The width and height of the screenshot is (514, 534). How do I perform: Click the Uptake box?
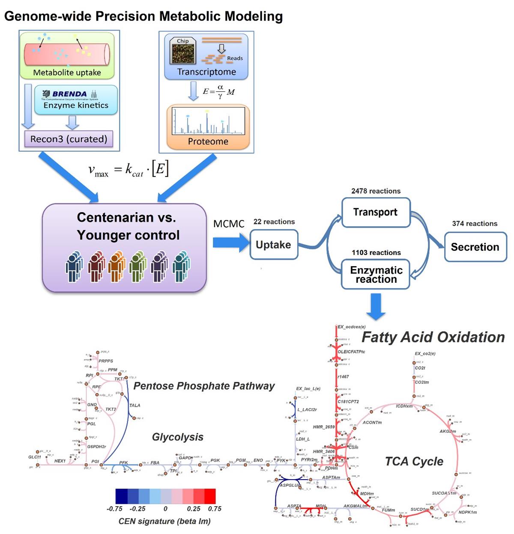(x=274, y=245)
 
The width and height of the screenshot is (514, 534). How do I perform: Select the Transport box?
(x=376, y=212)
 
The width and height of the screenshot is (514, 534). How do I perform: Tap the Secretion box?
(x=475, y=247)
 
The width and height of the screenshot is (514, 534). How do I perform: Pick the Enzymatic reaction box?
(x=376, y=274)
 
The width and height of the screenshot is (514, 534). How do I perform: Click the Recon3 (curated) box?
(x=69, y=139)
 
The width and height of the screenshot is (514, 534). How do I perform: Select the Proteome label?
(x=208, y=141)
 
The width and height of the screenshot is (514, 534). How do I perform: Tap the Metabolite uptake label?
(x=67, y=72)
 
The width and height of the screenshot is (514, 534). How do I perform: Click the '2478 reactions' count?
(x=376, y=191)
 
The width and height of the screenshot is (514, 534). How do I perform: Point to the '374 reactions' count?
(x=475, y=224)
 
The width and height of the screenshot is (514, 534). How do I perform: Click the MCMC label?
(x=229, y=224)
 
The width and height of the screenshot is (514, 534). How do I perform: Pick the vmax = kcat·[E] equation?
(x=128, y=170)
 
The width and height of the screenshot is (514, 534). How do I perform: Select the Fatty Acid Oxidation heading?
(x=433, y=337)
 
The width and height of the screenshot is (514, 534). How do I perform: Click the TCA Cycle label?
(x=414, y=462)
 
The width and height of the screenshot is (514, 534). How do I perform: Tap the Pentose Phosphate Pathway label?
(x=204, y=386)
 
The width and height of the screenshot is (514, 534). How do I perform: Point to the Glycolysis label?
(x=178, y=437)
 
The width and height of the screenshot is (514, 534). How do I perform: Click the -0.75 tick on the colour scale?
(x=114, y=509)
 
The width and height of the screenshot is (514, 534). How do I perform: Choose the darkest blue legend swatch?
(x=122, y=496)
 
